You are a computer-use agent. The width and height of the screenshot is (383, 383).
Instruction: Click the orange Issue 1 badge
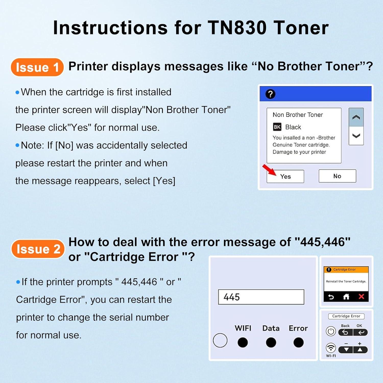pyautogui.click(x=37, y=67)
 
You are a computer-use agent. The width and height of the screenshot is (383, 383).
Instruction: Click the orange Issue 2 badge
pyautogui.click(x=38, y=249)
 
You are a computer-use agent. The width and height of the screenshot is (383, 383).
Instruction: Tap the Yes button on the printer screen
pyautogui.click(x=285, y=176)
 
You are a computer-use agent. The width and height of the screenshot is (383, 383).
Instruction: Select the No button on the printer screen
pyautogui.click(x=337, y=176)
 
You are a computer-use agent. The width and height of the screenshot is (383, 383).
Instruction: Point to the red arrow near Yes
pyautogui.click(x=269, y=170)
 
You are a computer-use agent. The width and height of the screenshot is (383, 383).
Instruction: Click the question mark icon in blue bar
pyautogui.click(x=270, y=94)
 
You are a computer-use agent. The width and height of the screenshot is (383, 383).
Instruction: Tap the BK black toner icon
pyautogui.click(x=277, y=127)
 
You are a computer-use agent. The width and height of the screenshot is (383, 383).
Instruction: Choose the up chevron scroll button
pyautogui.click(x=356, y=117)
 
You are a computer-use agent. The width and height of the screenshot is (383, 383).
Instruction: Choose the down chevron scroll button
pyautogui.click(x=356, y=136)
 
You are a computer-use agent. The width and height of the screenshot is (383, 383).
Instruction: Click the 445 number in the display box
pyautogui.click(x=232, y=297)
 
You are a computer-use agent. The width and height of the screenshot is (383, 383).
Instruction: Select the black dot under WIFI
pyautogui.click(x=243, y=342)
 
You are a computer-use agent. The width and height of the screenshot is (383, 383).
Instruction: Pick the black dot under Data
pyautogui.click(x=271, y=342)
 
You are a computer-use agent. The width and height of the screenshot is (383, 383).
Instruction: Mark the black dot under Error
pyautogui.click(x=298, y=342)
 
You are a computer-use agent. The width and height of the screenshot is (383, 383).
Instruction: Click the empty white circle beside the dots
pyautogui.click(x=220, y=340)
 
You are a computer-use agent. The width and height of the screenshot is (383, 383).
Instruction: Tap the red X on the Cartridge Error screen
pyautogui.click(x=361, y=297)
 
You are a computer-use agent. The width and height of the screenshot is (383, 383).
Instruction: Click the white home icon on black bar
pyautogui.click(x=346, y=297)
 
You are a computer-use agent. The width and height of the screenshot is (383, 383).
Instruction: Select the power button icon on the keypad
pyautogui.click(x=331, y=331)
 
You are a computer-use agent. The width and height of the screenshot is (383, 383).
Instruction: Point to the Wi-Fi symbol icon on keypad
pyautogui.click(x=331, y=348)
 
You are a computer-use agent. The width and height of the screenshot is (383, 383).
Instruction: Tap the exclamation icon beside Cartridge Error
pyautogui.click(x=329, y=270)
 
